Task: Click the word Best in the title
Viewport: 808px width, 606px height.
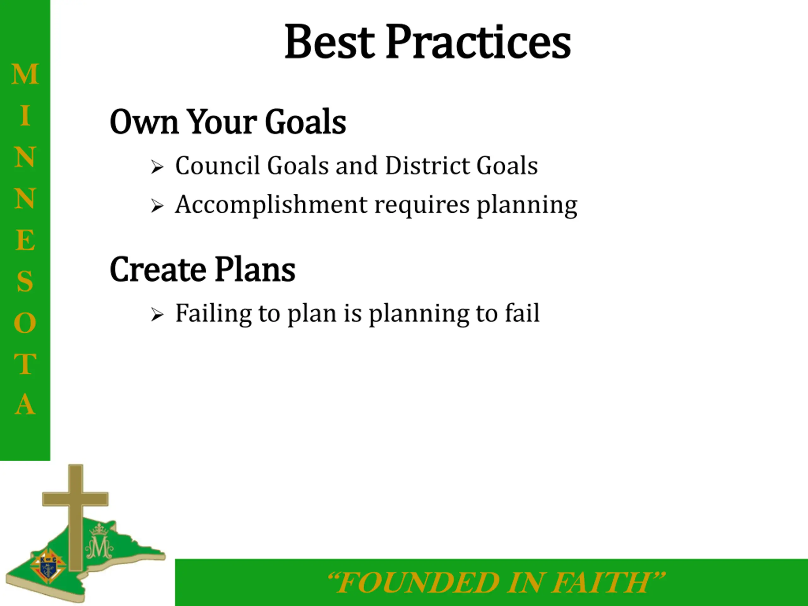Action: tap(330, 42)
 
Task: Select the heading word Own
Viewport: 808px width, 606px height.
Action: tap(144, 122)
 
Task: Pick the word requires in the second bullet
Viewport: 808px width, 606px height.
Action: tap(422, 206)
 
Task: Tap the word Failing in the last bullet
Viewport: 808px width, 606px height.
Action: tap(214, 314)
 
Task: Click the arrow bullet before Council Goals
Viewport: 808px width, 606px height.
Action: tap(157, 167)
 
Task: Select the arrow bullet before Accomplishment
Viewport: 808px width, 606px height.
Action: tap(157, 206)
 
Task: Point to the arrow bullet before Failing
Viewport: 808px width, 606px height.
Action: tap(157, 315)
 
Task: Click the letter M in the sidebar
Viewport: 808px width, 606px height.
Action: tap(25, 74)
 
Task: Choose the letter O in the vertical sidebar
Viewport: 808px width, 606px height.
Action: tap(25, 323)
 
